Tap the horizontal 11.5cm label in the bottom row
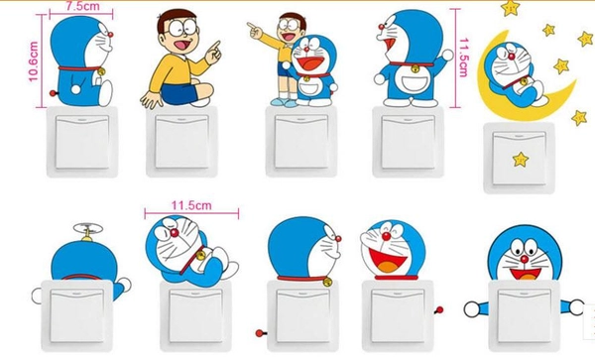(x=193, y=204)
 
